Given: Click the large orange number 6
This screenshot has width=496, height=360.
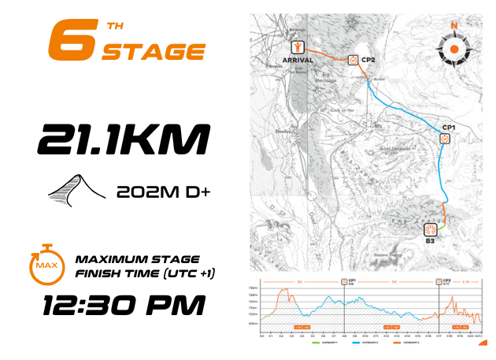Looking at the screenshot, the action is pyautogui.click(x=68, y=39).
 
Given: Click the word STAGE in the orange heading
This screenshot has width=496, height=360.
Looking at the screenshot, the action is pyautogui.click(x=154, y=53).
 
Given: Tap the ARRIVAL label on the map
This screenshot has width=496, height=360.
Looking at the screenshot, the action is pyautogui.click(x=298, y=60).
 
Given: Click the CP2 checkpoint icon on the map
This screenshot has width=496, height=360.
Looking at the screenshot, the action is pyautogui.click(x=352, y=59).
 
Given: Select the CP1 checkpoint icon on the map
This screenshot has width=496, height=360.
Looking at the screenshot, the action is pyautogui.click(x=445, y=138).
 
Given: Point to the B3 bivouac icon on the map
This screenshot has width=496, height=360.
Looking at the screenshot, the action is pyautogui.click(x=431, y=230).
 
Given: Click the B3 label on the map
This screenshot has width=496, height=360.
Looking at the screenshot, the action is pyautogui.click(x=431, y=242).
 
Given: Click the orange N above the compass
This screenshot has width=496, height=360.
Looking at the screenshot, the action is pyautogui.click(x=453, y=25).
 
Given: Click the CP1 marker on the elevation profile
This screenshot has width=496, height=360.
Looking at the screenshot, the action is pyautogui.click(x=344, y=281).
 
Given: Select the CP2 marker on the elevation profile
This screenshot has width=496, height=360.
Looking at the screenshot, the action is pyautogui.click(x=439, y=281).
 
